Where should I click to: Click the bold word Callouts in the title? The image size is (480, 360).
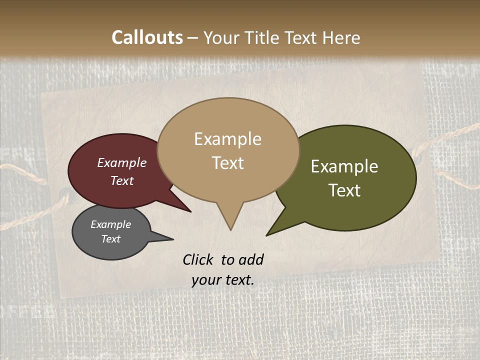[x=147, y=37]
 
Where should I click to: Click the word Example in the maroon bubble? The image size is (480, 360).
[x=121, y=162]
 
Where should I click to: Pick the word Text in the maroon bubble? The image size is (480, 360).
[x=121, y=180]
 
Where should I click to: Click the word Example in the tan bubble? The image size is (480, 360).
[x=227, y=139]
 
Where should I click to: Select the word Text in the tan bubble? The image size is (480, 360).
[x=227, y=163]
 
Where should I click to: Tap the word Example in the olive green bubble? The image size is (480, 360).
[x=344, y=166]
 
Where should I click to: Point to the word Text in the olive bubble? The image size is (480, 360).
[x=344, y=190]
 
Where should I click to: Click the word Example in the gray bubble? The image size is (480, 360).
[x=110, y=224]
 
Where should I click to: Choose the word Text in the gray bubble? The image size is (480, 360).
[x=110, y=239]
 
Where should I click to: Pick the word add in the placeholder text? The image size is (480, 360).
[x=252, y=259]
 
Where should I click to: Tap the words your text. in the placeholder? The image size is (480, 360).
[x=222, y=280]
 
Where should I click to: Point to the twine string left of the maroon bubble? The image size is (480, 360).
[x=30, y=175]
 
